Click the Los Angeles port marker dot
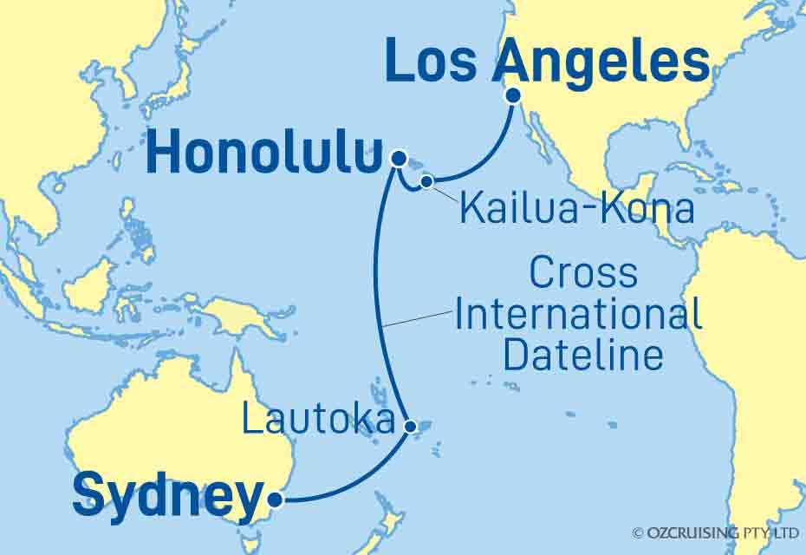[513, 95]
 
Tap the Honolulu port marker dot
[398, 158]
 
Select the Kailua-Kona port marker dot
[426, 181]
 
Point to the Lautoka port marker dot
[411, 426]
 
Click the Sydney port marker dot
[275, 499]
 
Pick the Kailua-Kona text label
[576, 210]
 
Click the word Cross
[582, 274]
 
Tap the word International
[578, 314]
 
